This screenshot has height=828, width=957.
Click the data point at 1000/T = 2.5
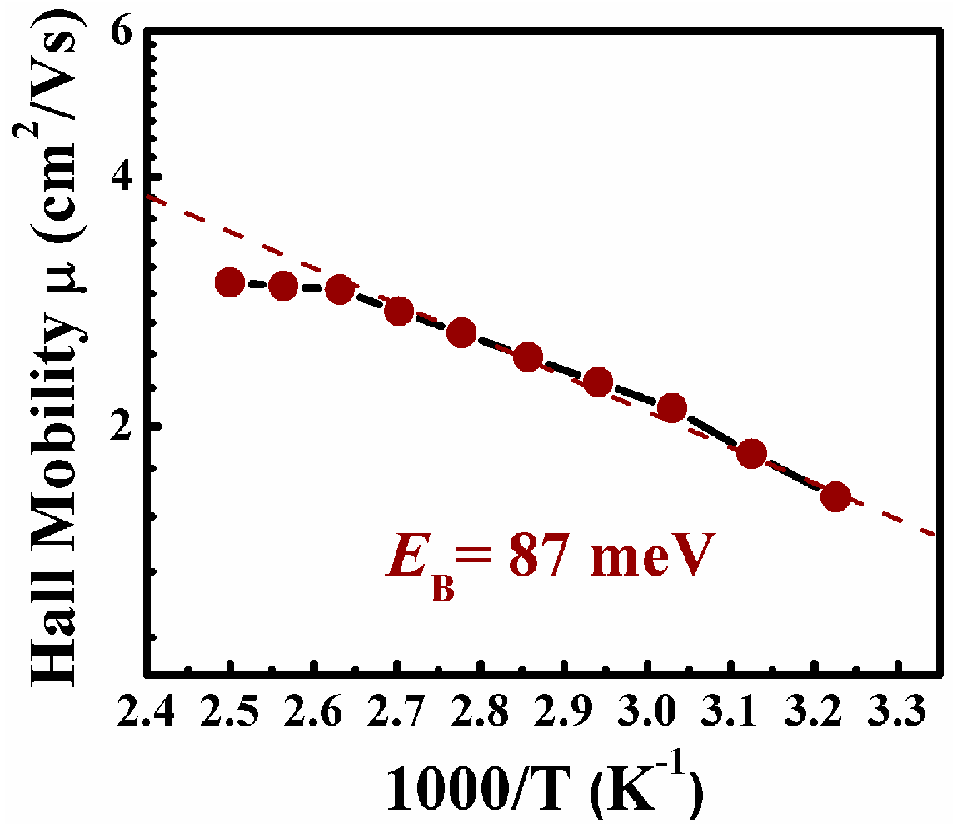pyautogui.click(x=230, y=282)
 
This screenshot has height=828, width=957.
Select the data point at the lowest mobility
pyautogui.click(x=835, y=496)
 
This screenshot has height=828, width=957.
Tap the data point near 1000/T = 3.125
pyautogui.click(x=751, y=454)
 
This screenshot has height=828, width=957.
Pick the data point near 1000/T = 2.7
pyautogui.click(x=399, y=312)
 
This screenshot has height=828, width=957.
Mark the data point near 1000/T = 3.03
pyautogui.click(x=671, y=408)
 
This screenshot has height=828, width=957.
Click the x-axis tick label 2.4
pyautogui.click(x=146, y=713)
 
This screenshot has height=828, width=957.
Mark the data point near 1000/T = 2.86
pyautogui.click(x=527, y=357)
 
